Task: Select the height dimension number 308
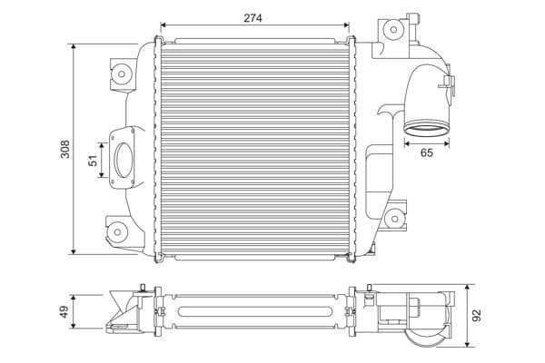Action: [x=64, y=149]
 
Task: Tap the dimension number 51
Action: [x=92, y=160]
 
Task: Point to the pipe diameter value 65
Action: [x=427, y=153]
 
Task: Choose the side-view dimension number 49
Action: [x=64, y=311]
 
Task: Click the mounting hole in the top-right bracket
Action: [x=392, y=29]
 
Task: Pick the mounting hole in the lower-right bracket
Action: [x=394, y=219]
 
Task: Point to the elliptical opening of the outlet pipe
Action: [x=426, y=127]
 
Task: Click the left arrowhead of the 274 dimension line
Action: [x=162, y=27]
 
